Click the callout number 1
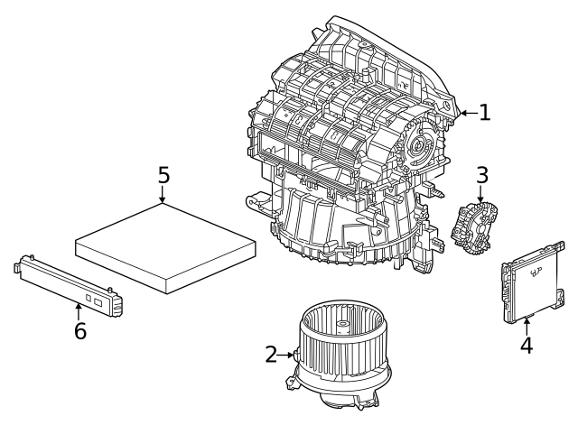(x=484, y=113)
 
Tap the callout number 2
(x=271, y=355)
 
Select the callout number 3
(x=482, y=173)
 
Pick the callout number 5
(x=163, y=174)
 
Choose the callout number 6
(x=79, y=330)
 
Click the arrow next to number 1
(x=467, y=113)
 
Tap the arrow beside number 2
(x=288, y=355)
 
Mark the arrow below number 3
(x=481, y=193)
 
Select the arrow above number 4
(x=526, y=324)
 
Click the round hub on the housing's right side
(x=421, y=143)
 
